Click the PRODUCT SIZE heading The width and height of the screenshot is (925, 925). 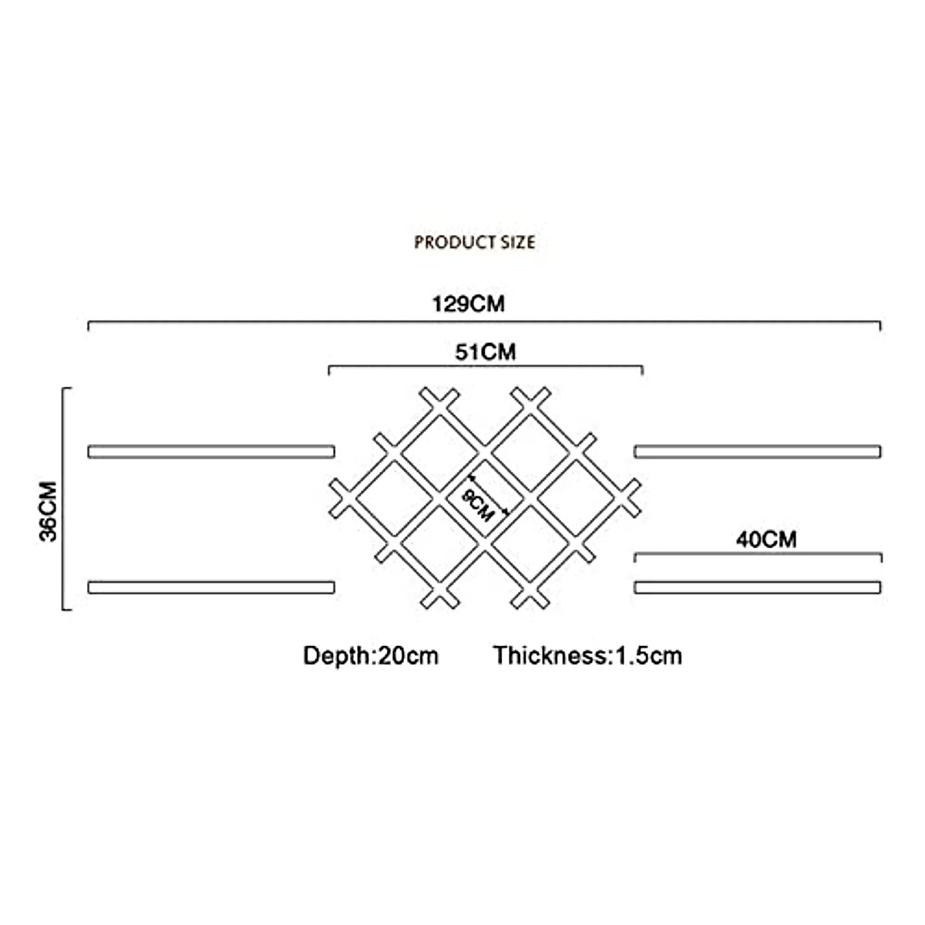474,242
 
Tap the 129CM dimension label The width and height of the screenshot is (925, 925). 469,304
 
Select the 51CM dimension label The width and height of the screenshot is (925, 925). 485,352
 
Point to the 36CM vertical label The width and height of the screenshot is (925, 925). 49,511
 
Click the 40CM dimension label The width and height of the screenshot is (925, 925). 765,539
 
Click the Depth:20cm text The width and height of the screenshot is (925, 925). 371,656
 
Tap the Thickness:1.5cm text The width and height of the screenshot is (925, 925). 587,656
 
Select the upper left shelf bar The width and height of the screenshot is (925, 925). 211,451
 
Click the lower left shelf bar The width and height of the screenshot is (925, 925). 211,587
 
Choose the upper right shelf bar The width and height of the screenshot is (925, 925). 758,451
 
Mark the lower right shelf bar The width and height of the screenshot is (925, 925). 758,587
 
